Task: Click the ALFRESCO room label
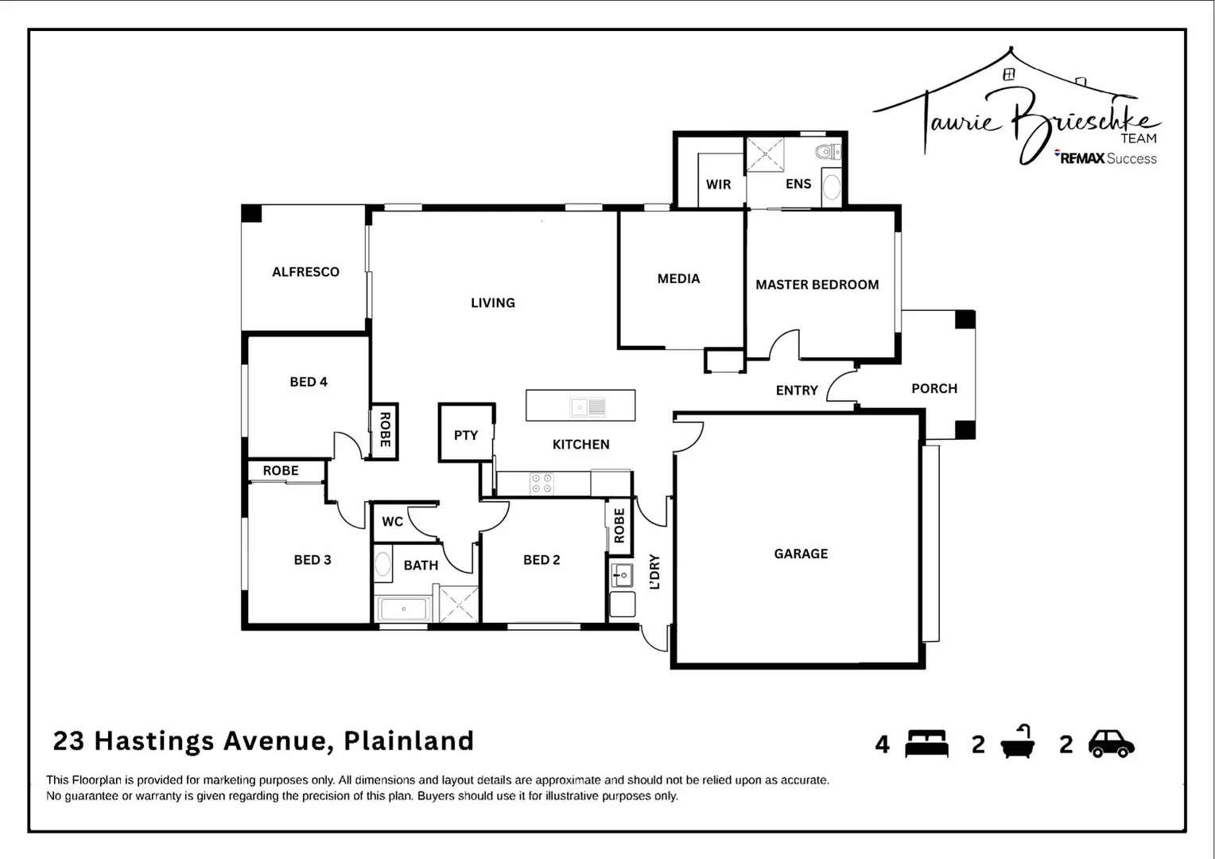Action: pyautogui.click(x=305, y=272)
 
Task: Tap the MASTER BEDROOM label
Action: pyautogui.click(x=817, y=285)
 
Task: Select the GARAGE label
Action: pyautogui.click(x=801, y=554)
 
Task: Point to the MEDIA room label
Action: pyautogui.click(x=678, y=278)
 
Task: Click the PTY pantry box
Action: pyautogui.click(x=466, y=435)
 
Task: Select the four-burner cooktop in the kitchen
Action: pyautogui.click(x=542, y=484)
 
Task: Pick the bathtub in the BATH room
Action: pyautogui.click(x=404, y=609)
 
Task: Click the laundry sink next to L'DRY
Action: pyautogui.click(x=622, y=574)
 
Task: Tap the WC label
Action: pyautogui.click(x=392, y=522)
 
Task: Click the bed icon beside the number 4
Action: pyautogui.click(x=926, y=744)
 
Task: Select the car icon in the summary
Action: pyautogui.click(x=1111, y=744)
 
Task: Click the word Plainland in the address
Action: pyautogui.click(x=409, y=740)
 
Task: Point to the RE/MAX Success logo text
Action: pyautogui.click(x=1107, y=158)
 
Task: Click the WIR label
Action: pyautogui.click(x=718, y=185)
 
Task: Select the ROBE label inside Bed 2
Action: pyautogui.click(x=619, y=525)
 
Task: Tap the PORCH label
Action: pyautogui.click(x=934, y=388)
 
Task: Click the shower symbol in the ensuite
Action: pyautogui.click(x=765, y=154)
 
